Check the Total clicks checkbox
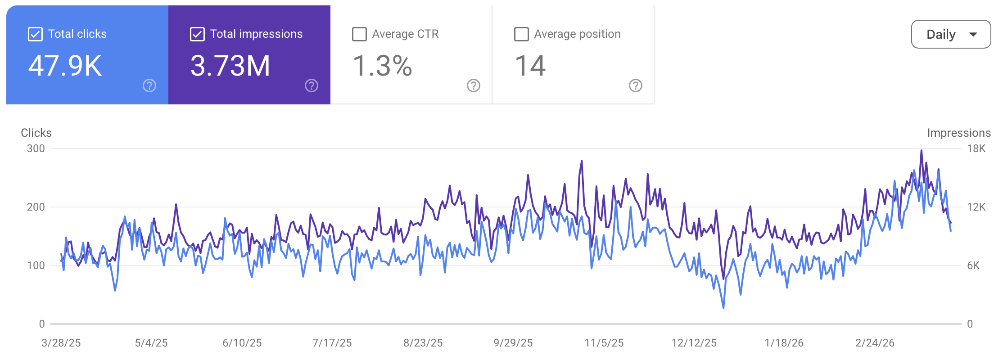35,34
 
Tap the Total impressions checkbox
197,34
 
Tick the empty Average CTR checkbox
359,34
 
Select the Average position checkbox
521,34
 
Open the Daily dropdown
951,34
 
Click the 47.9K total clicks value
65,66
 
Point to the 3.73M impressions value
230,66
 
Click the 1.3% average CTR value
382,66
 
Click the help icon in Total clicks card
149,85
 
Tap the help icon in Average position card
636,85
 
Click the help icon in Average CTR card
474,85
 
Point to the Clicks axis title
36,133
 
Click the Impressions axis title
959,133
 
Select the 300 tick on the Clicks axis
36,148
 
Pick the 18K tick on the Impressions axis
976,148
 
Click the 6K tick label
973,265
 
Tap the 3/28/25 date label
61,343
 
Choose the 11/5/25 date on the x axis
604,343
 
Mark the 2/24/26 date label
875,343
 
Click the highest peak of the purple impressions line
922,151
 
